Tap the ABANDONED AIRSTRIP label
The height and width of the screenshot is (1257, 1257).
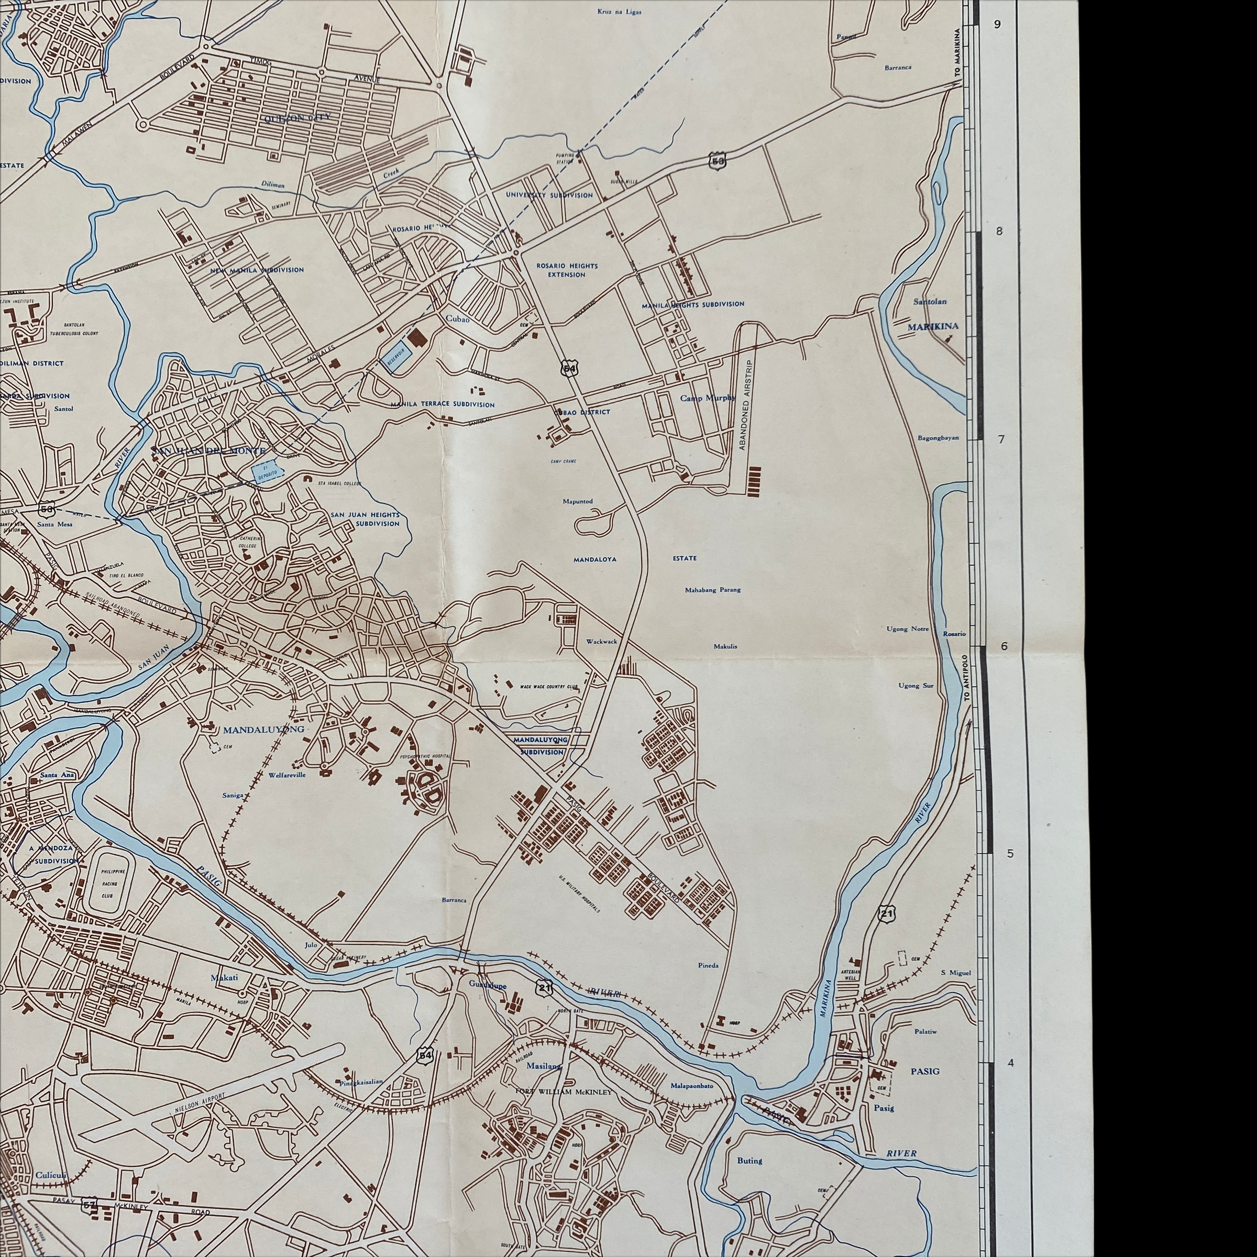pyautogui.click(x=743, y=405)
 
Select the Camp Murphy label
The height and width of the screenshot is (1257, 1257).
pyautogui.click(x=707, y=398)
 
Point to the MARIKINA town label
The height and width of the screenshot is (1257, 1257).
pyautogui.click(x=932, y=327)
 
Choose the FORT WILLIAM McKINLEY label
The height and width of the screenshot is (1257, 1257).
pyautogui.click(x=564, y=1091)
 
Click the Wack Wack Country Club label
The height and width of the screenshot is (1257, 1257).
pyautogui.click(x=549, y=687)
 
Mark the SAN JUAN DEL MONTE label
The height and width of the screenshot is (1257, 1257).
pyautogui.click(x=208, y=451)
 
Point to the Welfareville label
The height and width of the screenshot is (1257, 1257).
pyautogui.click(x=287, y=775)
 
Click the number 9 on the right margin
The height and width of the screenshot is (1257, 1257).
pyautogui.click(x=997, y=25)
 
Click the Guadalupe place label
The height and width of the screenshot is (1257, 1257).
pyautogui.click(x=487, y=985)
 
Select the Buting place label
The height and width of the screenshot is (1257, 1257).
pyautogui.click(x=749, y=1160)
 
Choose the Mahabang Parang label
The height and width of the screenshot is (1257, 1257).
pyautogui.click(x=712, y=590)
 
